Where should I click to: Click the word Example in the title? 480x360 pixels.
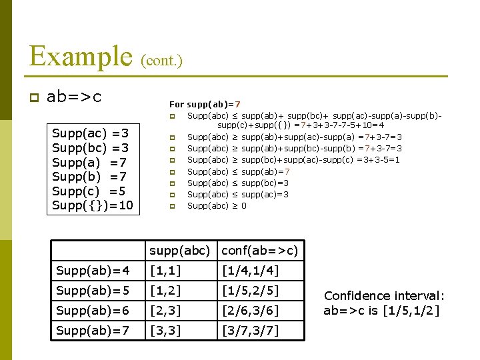click(x=81, y=57)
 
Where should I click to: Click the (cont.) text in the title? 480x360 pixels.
click(x=161, y=61)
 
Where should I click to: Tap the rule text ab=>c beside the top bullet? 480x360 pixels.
click(x=74, y=97)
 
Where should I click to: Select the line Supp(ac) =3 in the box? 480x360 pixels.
click(x=90, y=133)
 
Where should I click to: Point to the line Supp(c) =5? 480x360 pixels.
click(x=89, y=191)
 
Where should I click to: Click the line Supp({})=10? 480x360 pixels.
click(x=93, y=205)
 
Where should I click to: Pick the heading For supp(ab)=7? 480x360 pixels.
click(x=205, y=104)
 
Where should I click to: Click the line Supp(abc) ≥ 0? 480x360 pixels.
click(x=217, y=206)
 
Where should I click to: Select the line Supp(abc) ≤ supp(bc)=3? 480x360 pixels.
click(x=237, y=183)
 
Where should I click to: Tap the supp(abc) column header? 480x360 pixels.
click(x=180, y=251)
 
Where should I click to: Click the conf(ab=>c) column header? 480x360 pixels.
click(x=259, y=251)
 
